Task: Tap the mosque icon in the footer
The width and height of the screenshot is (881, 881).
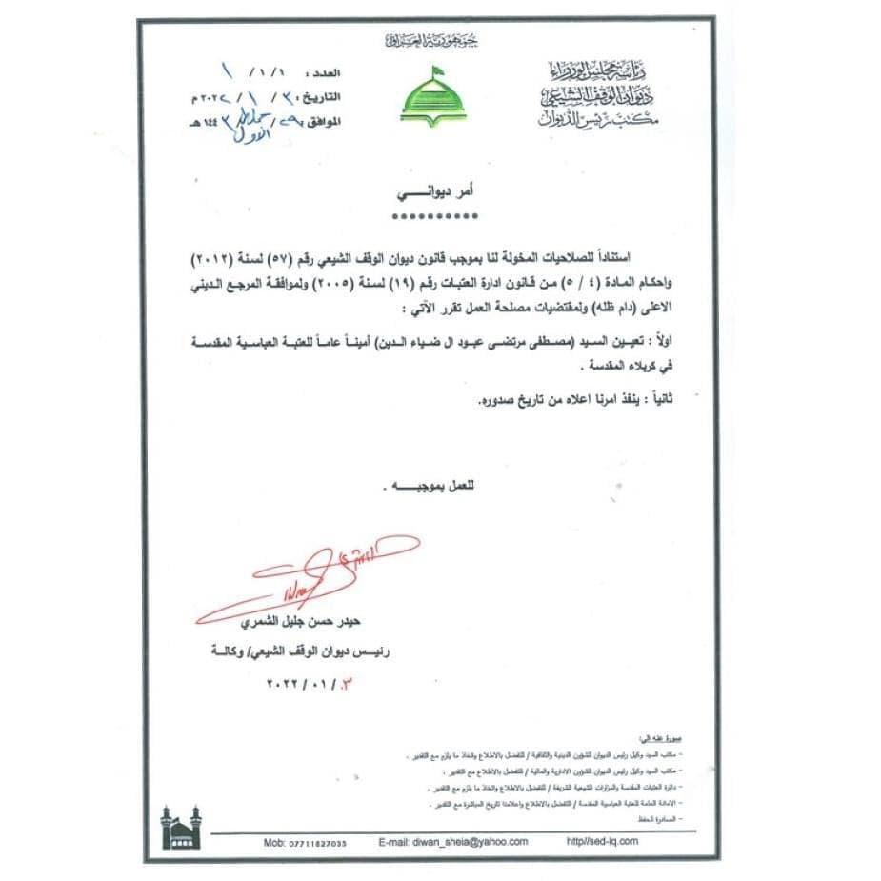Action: pos(181,828)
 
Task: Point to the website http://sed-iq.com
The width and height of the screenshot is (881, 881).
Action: pos(602,842)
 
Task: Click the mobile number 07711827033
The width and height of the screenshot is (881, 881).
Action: pos(305,843)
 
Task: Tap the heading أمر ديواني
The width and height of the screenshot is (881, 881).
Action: pos(434,191)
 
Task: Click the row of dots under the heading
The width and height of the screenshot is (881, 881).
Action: pos(434,217)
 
